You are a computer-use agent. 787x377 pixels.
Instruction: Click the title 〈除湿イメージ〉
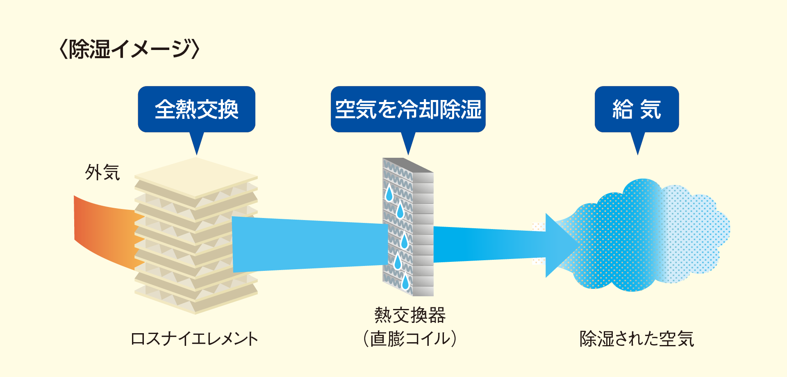pyautogui.click(x=130, y=49)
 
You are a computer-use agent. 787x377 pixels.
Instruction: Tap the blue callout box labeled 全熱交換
pyautogui.click(x=196, y=109)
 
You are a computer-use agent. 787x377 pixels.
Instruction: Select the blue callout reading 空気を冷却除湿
pyautogui.click(x=408, y=109)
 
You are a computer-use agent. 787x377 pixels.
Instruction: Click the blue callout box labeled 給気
pyautogui.click(x=637, y=109)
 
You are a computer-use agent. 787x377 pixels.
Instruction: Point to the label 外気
pyautogui.click(x=102, y=173)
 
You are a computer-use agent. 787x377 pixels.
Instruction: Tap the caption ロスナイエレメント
pyautogui.click(x=194, y=339)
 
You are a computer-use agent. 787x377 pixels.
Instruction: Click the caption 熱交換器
pyautogui.click(x=410, y=315)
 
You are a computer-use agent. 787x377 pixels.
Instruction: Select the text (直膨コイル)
pyautogui.click(x=410, y=339)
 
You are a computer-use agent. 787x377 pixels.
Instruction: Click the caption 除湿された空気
pyautogui.click(x=637, y=339)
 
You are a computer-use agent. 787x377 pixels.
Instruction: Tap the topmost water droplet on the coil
pyautogui.click(x=389, y=193)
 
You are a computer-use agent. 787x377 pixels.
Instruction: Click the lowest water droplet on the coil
pyautogui.click(x=405, y=282)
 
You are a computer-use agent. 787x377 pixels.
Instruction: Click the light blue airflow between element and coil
pyautogui.click(x=307, y=244)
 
